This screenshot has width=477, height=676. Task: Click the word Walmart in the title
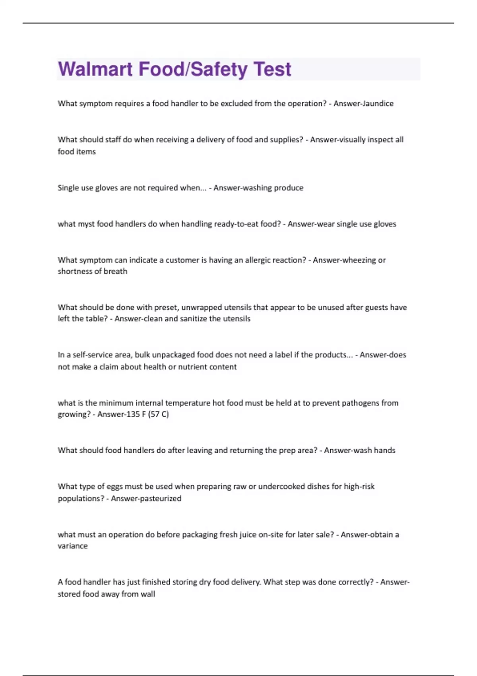click(x=95, y=69)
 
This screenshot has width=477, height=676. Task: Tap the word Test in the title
click(x=272, y=69)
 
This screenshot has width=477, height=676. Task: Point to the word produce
click(x=288, y=188)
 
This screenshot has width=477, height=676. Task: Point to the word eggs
click(x=114, y=487)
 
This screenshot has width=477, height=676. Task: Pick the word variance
click(x=72, y=546)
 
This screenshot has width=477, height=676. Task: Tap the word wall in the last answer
click(x=147, y=594)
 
